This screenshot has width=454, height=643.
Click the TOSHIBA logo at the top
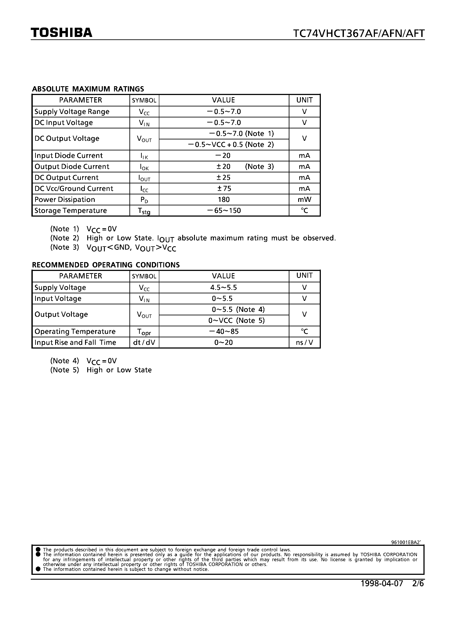click(61, 33)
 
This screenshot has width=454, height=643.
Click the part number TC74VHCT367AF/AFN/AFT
click(359, 34)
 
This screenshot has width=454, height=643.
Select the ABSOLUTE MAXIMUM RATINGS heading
click(88, 89)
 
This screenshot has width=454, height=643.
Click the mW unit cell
click(304, 199)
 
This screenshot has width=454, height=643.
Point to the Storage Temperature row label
click(71, 211)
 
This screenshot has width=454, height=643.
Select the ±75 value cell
click(224, 188)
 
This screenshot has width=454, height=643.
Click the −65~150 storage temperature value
click(224, 211)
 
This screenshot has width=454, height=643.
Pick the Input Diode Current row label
click(69, 155)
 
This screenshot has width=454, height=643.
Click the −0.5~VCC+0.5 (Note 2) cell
click(231, 144)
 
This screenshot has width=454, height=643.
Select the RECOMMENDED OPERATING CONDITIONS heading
click(106, 265)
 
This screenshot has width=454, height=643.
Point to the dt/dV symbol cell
click(144, 342)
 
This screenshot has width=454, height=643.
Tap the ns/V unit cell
click(304, 342)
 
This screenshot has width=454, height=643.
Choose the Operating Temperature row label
click(75, 331)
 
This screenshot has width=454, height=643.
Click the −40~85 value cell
click(224, 331)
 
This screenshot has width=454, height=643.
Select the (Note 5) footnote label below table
click(65, 370)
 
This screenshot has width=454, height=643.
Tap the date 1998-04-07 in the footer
click(382, 583)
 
